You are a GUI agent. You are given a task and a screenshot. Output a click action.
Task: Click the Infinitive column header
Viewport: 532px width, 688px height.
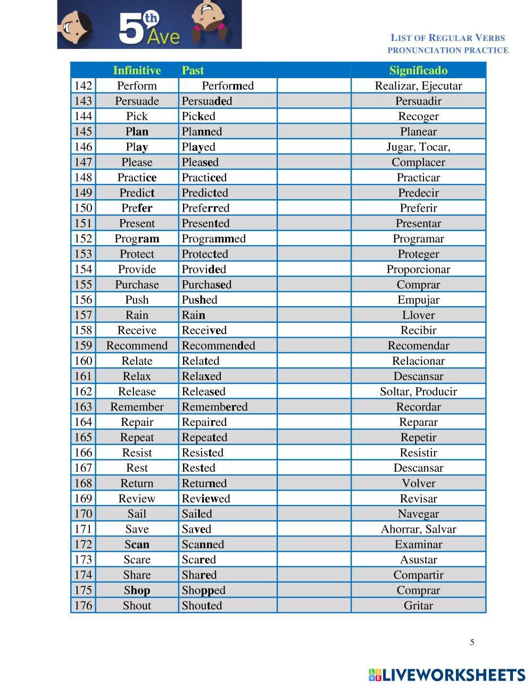coord(137,70)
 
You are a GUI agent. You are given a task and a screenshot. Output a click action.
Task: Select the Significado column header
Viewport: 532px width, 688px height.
coord(418,70)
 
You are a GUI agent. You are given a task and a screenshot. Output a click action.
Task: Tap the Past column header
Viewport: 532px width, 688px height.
coord(193,70)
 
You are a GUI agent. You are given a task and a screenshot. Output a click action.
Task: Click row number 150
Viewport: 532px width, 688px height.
coord(83,208)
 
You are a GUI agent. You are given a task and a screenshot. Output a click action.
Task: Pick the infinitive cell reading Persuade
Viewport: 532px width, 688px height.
coord(137,101)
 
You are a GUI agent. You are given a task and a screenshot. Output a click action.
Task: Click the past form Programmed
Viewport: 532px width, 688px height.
coord(213,239)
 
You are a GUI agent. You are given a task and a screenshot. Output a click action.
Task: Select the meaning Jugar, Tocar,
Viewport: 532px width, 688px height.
coord(418,147)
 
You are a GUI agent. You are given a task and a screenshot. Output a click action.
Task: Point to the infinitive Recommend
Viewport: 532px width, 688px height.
coord(137,346)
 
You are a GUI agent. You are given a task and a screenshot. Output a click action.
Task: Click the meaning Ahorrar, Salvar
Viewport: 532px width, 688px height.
coord(418,529)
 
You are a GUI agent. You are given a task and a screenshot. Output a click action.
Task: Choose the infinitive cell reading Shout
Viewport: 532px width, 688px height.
coord(137,606)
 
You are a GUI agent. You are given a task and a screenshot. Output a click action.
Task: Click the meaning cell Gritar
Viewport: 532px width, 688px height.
coord(418,606)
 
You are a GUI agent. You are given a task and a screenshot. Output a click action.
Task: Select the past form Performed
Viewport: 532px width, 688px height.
coord(228,86)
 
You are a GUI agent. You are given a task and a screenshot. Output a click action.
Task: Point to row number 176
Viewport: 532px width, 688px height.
coord(83,606)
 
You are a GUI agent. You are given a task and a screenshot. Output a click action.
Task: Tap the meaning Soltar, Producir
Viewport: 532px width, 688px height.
coord(418,392)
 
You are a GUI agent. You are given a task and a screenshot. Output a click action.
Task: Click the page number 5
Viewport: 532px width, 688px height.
coord(472,642)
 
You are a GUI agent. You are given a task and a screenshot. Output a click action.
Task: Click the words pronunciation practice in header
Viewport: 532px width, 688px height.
coord(447,51)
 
